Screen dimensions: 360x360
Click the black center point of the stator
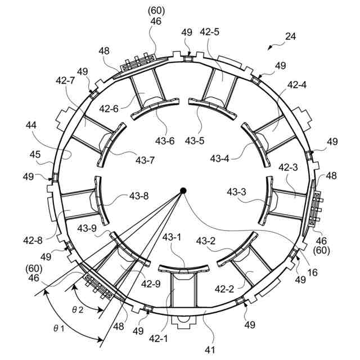(x=183, y=191)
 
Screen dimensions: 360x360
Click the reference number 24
(x=290, y=37)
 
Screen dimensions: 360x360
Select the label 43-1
(x=173, y=238)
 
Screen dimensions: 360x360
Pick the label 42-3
(x=287, y=168)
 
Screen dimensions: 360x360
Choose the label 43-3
(x=237, y=193)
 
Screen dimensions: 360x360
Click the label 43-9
(x=88, y=228)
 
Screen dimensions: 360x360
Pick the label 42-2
(x=225, y=289)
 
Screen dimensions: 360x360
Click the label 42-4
(x=296, y=85)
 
